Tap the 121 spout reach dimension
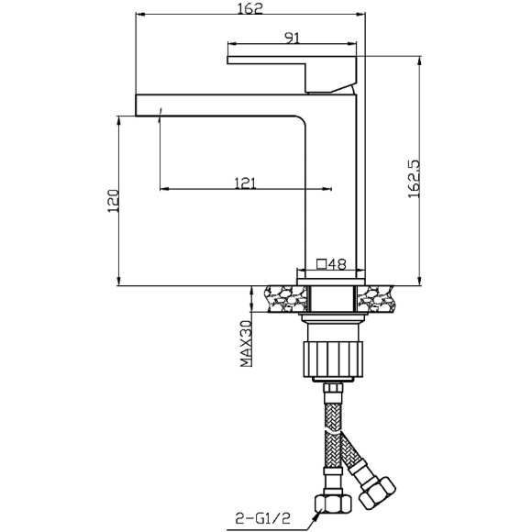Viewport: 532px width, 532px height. [245, 183]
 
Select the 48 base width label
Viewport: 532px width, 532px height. [336, 263]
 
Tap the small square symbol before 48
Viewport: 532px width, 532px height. [321, 263]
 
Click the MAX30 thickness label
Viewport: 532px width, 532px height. [246, 343]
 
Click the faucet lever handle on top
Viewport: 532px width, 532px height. [294, 69]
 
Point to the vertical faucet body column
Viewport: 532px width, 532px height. [336, 183]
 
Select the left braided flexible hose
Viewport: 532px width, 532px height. [328, 440]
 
